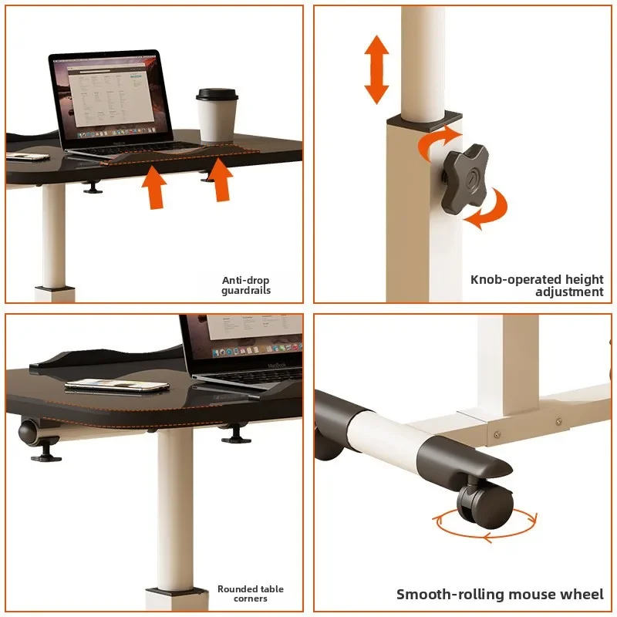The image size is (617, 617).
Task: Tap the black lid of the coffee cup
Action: pyautogui.click(x=217, y=95)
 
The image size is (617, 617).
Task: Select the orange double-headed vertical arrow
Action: pyautogui.click(x=376, y=69)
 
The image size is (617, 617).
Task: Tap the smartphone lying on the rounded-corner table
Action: pyautogui.click(x=117, y=385)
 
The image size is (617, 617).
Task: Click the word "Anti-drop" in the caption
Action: pyautogui.click(x=245, y=280)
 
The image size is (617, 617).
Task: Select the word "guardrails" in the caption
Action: pyautogui.click(x=246, y=291)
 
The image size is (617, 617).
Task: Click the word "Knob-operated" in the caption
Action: pyautogui.click(x=515, y=280)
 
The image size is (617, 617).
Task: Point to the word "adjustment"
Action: pyautogui.click(x=569, y=292)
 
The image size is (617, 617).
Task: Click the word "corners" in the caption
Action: pyautogui.click(x=250, y=599)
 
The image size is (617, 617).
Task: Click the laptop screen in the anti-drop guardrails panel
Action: pyautogui.click(x=112, y=96)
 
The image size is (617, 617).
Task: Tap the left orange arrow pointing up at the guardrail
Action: pyautogui.click(x=154, y=187)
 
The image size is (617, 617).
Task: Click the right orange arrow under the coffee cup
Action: pyautogui.click(x=221, y=180)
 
